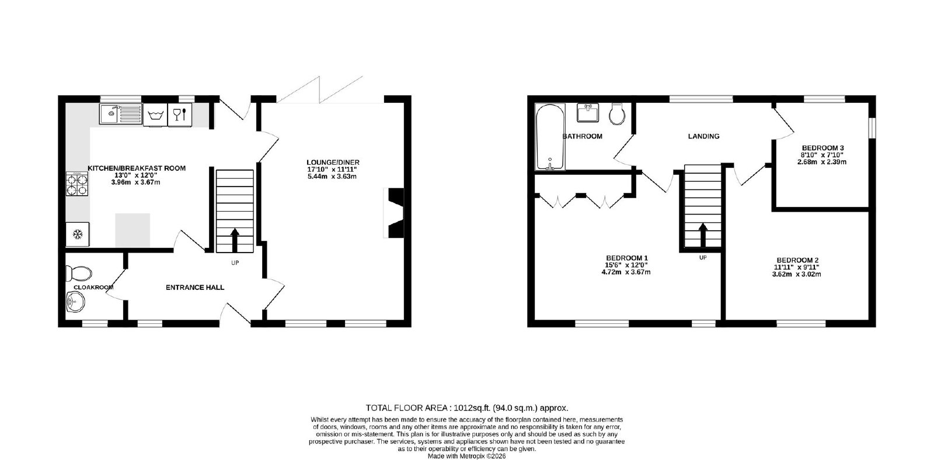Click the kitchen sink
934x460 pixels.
(121, 114)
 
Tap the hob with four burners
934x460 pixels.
(77, 184)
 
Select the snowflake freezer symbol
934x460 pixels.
(78, 234)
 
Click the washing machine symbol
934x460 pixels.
(155, 115)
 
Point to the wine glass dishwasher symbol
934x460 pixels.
(180, 115)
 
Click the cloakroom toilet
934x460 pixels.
(79, 274)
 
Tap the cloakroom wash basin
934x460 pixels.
(75, 302)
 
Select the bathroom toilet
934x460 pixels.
(617, 114)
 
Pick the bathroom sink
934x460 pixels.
(588, 113)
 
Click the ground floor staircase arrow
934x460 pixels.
(235, 240)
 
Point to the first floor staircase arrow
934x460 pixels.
(703, 235)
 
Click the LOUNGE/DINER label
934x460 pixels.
(333, 162)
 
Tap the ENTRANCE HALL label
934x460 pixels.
(195, 288)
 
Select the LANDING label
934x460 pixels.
(704, 136)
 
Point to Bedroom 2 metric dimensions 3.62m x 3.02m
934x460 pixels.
(796, 274)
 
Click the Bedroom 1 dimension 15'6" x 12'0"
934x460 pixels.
(626, 265)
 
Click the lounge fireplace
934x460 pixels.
(394, 213)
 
